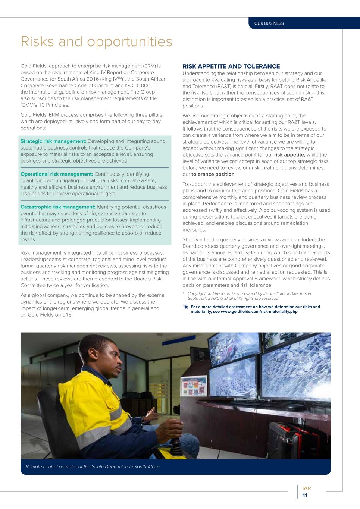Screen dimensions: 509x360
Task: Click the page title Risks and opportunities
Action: pyautogui.click(x=96, y=41)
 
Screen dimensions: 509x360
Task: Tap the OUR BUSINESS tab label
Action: pyautogui.click(x=269, y=23)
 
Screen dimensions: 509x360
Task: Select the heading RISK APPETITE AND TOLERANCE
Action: pyautogui.click(x=231, y=66)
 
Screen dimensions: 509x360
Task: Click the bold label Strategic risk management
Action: pyautogui.click(x=53, y=141)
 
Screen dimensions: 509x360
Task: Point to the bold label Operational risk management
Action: pyautogui.click(x=57, y=174)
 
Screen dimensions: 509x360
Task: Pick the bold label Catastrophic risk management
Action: pyautogui.click(x=58, y=207)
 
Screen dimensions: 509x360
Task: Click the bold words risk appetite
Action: pyautogui.click(x=289, y=155)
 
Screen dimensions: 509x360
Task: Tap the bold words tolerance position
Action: pyautogui.click(x=213, y=174)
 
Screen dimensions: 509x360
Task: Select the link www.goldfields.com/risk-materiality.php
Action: pyautogui.click(x=259, y=311)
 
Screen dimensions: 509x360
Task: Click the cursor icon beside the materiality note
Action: pyautogui.click(x=186, y=307)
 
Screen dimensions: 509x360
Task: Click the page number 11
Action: pyautogui.click(x=305, y=496)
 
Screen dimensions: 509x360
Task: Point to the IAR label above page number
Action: pyautogui.click(x=306, y=488)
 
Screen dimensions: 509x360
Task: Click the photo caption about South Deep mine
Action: pyautogui.click(x=93, y=467)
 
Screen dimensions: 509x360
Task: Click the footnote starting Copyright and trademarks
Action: pyautogui.click(x=249, y=296)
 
